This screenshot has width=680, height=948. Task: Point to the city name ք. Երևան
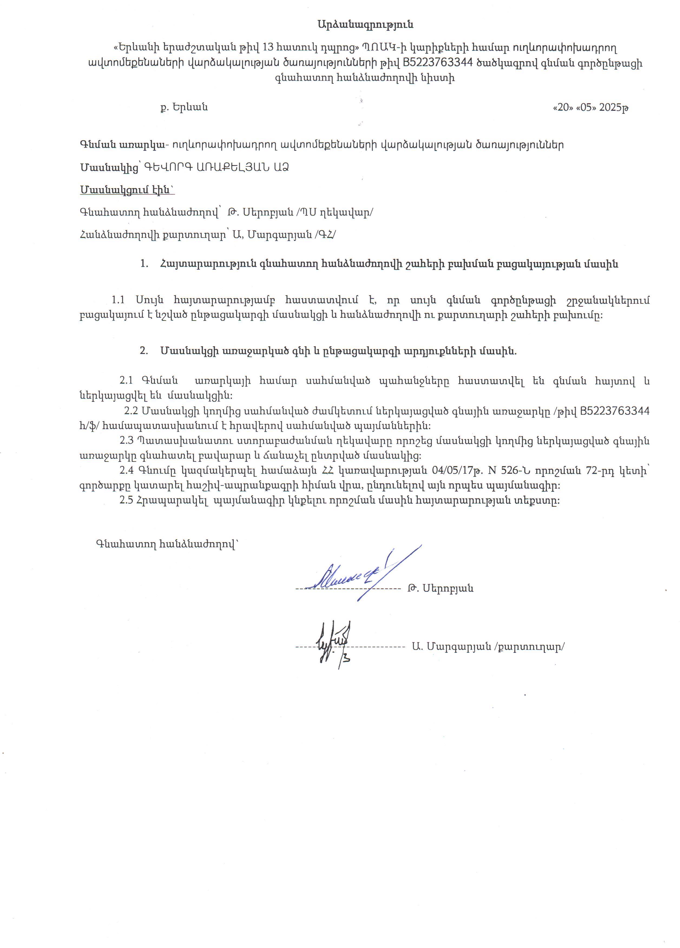point(184,108)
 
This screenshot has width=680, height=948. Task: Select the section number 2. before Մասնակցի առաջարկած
point(144,351)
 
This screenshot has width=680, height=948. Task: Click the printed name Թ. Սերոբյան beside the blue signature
point(440,589)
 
